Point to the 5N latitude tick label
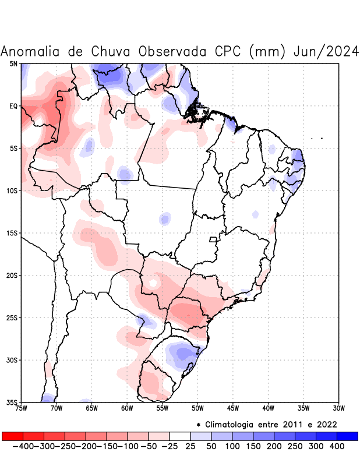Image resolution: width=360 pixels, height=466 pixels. (13, 63)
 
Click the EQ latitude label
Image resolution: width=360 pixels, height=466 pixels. (13, 106)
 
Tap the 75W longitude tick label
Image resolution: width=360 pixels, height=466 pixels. (22, 408)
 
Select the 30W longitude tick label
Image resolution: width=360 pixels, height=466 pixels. (338, 408)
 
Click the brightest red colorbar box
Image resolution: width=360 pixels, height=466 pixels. (12, 436)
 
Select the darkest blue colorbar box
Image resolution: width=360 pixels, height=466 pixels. (348, 436)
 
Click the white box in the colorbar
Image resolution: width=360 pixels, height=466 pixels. (180, 436)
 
